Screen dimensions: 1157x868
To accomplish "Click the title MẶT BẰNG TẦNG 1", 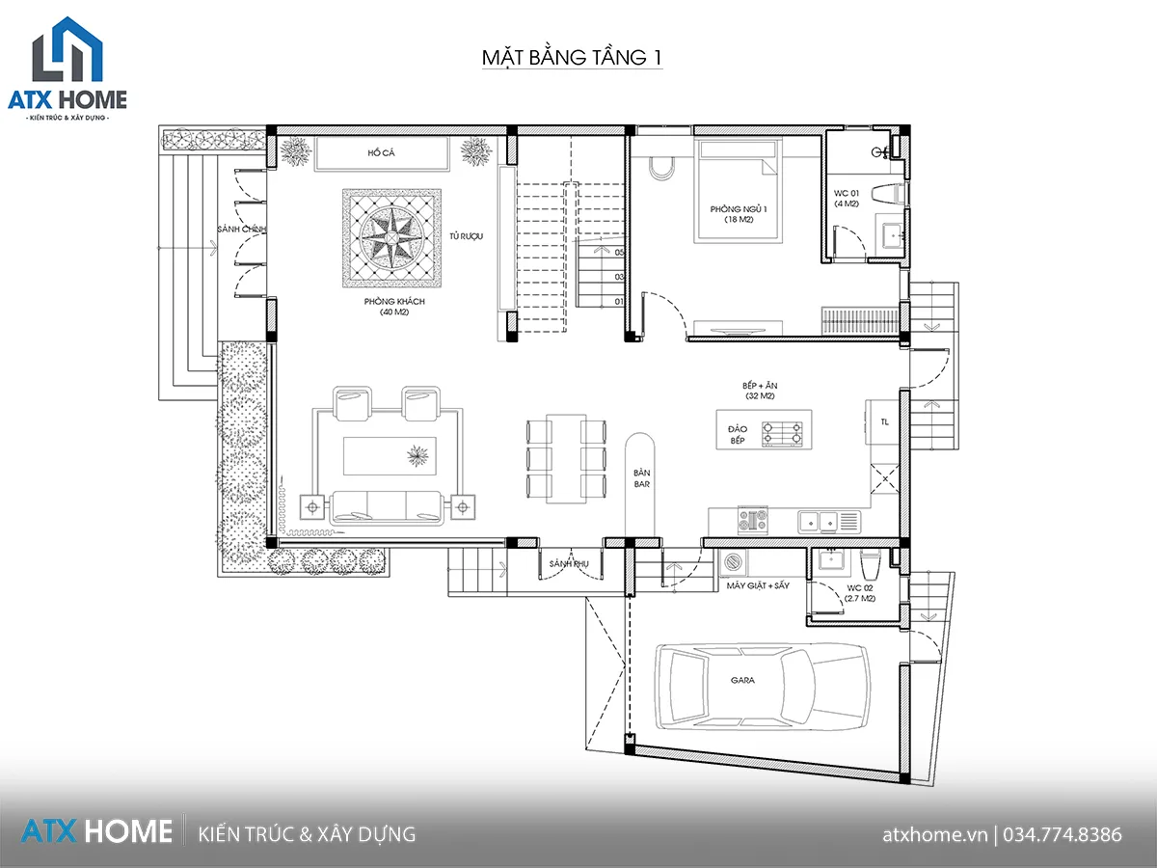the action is pos(572,58).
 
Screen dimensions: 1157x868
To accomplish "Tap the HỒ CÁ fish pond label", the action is pos(381,152).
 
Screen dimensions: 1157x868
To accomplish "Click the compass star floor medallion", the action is pos(391,238).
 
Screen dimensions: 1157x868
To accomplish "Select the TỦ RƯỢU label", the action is pos(466,236).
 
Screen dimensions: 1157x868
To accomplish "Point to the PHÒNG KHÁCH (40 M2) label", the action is pos(394,306).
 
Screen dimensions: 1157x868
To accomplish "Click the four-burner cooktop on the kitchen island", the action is pos(782,434).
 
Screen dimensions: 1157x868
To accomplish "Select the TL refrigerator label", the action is pos(884,421).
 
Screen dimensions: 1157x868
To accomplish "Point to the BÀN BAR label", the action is pos(641,478).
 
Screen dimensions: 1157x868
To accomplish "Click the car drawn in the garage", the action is pos(763,686).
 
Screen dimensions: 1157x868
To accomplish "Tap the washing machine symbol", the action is pos(733,562).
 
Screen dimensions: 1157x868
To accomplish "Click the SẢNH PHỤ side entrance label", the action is pos(569,564).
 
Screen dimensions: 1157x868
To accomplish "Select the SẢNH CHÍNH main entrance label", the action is pos(242,229).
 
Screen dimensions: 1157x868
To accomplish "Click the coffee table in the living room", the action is pos(390,456).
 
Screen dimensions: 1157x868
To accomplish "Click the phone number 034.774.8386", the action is pos(1063,835).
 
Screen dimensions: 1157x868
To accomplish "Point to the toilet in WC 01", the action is pos(888,193).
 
